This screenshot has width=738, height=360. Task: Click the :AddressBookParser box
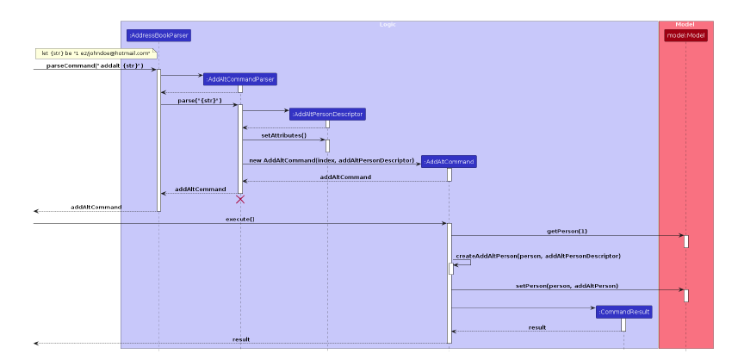pyautogui.click(x=158, y=35)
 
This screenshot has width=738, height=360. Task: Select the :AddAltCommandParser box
pyautogui.click(x=240, y=79)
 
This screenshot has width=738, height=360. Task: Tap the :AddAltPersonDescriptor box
pyautogui.click(x=327, y=114)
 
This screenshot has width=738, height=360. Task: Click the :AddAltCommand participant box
pyautogui.click(x=449, y=161)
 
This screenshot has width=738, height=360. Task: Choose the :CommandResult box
pyautogui.click(x=623, y=312)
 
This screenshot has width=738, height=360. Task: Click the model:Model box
pyautogui.click(x=685, y=35)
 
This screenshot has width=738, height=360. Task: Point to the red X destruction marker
pyautogui.click(x=240, y=200)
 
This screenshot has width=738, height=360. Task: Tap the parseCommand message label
pyautogui.click(x=95, y=66)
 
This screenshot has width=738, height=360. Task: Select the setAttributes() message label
pyautogui.click(x=284, y=135)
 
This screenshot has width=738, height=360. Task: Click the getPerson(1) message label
pyautogui.click(x=567, y=231)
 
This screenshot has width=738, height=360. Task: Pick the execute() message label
pyautogui.click(x=240, y=220)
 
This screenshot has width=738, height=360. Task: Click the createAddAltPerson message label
pyautogui.click(x=538, y=256)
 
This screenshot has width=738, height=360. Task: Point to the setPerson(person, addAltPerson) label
pyautogui.click(x=567, y=285)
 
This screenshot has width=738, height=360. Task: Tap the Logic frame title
pyautogui.click(x=388, y=24)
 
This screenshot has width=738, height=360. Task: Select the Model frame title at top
pyautogui.click(x=685, y=24)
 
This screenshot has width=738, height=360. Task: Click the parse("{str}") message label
pyautogui.click(x=200, y=101)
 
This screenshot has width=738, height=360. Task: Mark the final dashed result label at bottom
pyautogui.click(x=241, y=339)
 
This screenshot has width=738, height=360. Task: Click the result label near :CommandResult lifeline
pyautogui.click(x=537, y=327)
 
